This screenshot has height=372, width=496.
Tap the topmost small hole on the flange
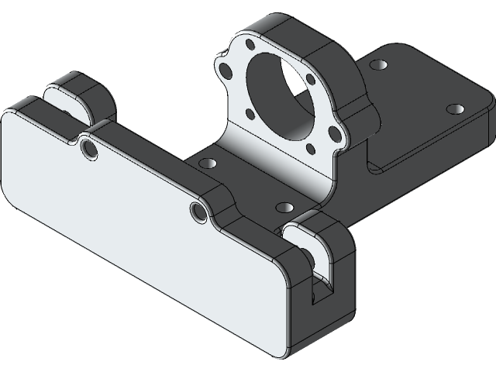[251, 45]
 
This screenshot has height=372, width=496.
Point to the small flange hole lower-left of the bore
[250, 113]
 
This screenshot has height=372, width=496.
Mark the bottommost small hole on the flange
[310, 149]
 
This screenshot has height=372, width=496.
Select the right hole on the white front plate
[198, 211]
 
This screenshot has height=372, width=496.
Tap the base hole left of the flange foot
[208, 164]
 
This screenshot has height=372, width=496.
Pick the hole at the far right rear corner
[456, 109]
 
